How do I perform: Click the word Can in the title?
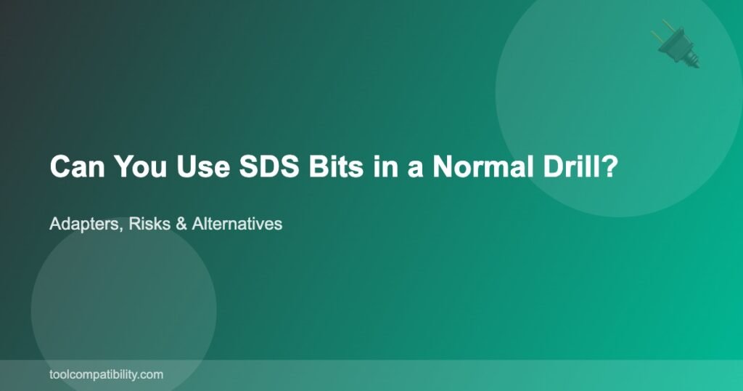click(x=77, y=166)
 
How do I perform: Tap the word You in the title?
click(x=140, y=166)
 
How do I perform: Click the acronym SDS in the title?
click(x=268, y=166)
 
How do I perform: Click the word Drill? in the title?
click(x=580, y=166)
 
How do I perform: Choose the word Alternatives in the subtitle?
click(x=237, y=224)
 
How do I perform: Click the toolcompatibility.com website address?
click(x=106, y=375)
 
